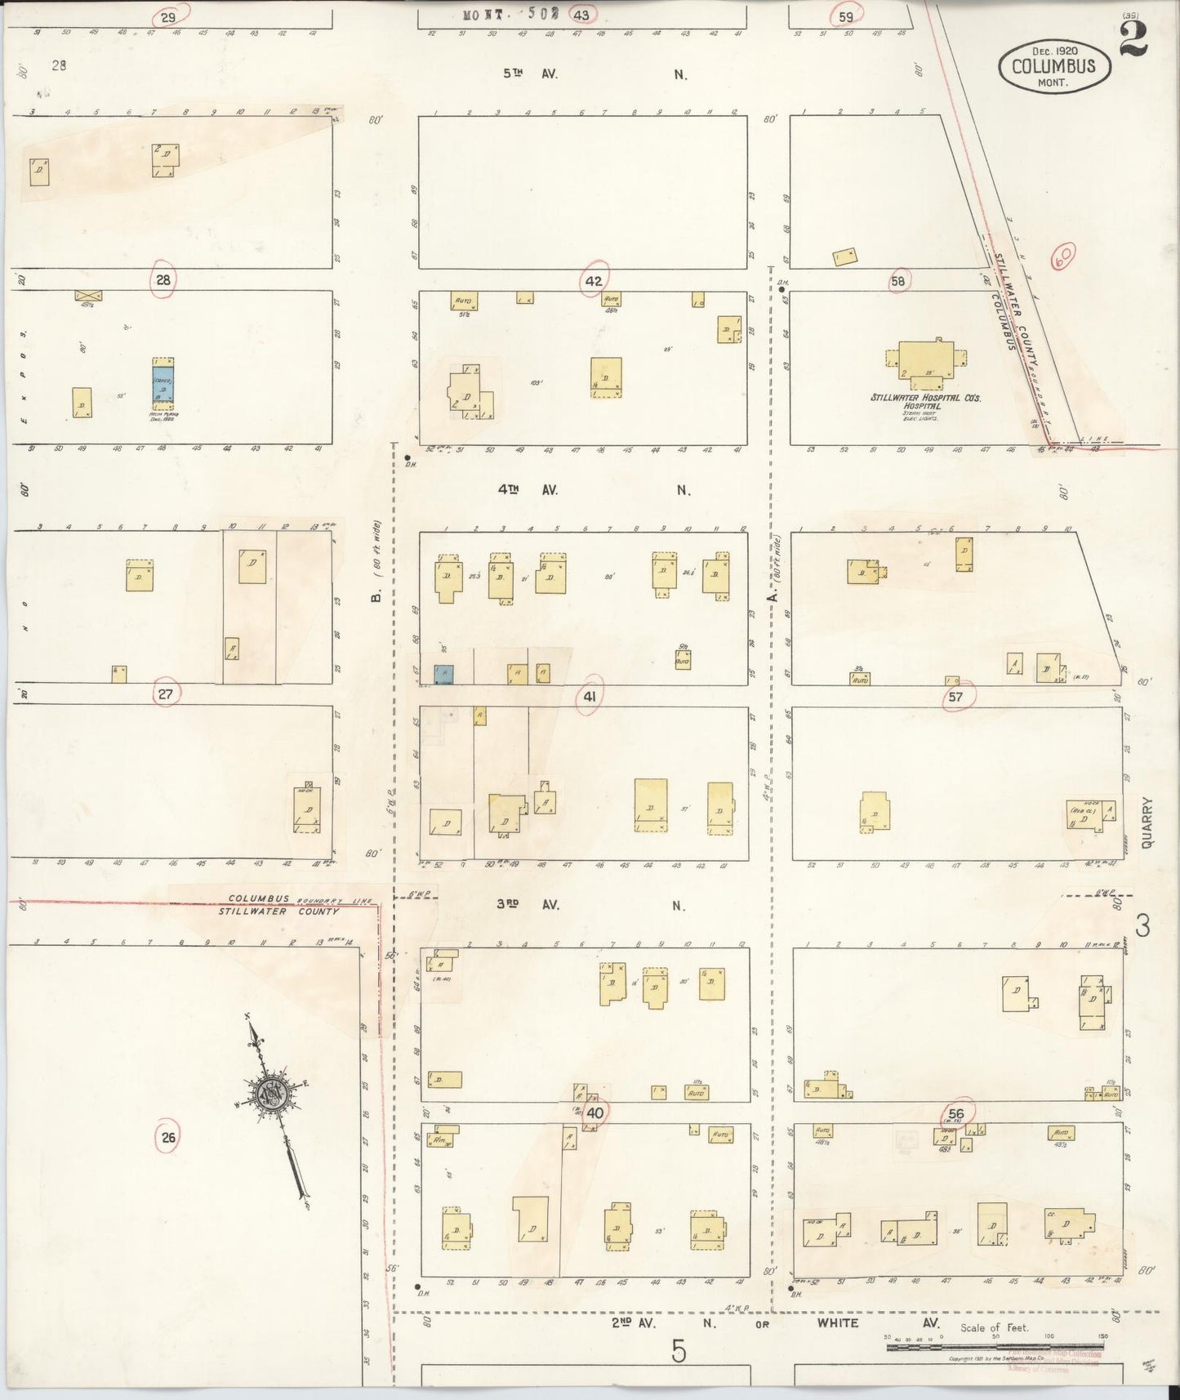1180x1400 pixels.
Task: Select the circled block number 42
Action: (593, 282)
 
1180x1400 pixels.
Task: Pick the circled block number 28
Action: (163, 281)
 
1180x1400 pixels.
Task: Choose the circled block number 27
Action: (166, 693)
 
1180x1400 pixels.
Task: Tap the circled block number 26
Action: (168, 1137)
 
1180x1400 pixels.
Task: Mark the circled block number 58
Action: (898, 282)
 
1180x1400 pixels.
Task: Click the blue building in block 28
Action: (163, 383)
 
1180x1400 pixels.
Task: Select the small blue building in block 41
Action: (443, 674)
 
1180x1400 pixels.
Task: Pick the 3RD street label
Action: (509, 905)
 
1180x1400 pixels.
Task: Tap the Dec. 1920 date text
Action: (1054, 51)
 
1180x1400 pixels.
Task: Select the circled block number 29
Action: (169, 16)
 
